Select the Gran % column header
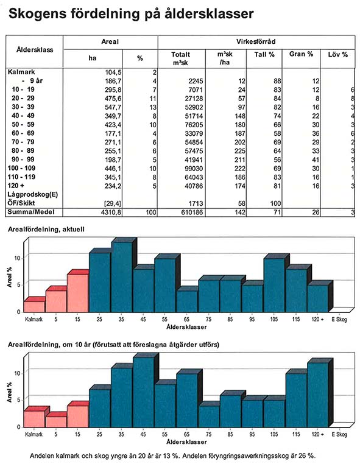[x=301, y=54]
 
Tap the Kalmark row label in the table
[x=21, y=72]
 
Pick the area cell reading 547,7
[x=113, y=107]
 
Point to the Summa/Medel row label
[x=31, y=212]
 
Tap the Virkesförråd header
[x=256, y=41]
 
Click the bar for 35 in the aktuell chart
[x=122, y=276]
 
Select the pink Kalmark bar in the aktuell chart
[x=34, y=306]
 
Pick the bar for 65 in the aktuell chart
[x=187, y=301]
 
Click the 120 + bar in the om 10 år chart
[x=318, y=395]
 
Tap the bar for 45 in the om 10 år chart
[x=144, y=392]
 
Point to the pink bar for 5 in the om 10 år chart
[x=56, y=421]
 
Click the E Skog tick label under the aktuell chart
[x=339, y=319]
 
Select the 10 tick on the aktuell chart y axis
[x=18, y=258]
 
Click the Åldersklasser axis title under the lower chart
[x=186, y=442]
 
